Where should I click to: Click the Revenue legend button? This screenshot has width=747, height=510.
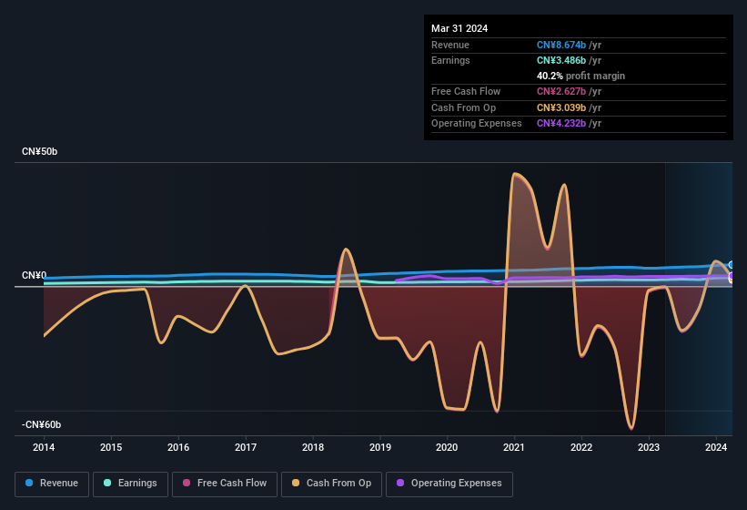52,484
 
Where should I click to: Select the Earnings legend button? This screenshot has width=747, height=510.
130,484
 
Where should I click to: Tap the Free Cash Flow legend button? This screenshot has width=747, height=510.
225,484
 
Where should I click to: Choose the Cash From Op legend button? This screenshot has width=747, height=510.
331,484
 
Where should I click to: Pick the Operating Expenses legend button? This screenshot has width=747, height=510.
449,484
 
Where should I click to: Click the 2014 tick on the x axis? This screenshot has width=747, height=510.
44,447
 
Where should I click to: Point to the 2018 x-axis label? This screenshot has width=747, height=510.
313,447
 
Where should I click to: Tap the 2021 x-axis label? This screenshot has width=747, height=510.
514,447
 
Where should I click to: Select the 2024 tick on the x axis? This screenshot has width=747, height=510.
716,447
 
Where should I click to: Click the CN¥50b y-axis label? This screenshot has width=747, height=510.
39,151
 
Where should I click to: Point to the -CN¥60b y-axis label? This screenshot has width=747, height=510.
42,425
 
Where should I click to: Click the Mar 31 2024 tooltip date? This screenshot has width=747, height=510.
459,28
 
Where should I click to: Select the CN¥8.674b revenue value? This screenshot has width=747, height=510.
569,45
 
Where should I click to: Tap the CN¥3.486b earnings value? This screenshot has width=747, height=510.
569,60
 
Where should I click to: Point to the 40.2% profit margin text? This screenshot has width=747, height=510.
580,76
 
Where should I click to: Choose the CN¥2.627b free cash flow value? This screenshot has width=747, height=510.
569,91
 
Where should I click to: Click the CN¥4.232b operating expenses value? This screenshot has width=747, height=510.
569,123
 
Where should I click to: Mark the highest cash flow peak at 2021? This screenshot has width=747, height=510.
515,173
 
